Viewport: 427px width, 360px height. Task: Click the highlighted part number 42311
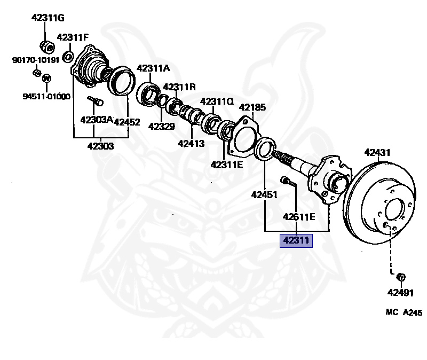[x=296, y=241]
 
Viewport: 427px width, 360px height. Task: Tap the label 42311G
[x=48, y=18]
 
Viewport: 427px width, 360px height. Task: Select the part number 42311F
[x=73, y=37]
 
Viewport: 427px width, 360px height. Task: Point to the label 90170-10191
[x=34, y=60]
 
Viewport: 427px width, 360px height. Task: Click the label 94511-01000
[x=46, y=96]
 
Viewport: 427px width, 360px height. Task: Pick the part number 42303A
[x=96, y=120]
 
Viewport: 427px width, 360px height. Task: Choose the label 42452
[x=127, y=122]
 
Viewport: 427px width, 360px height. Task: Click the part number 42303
[x=100, y=145]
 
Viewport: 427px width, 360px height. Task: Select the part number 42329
[x=162, y=127]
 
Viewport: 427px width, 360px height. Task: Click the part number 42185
[x=252, y=107]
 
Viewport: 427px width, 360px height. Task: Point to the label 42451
[x=265, y=195]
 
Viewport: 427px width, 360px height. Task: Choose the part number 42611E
[x=299, y=216]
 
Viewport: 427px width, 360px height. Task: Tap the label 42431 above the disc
[x=378, y=152]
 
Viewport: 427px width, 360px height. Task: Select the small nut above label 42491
[x=401, y=277]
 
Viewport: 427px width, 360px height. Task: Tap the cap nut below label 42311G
[x=46, y=46]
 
